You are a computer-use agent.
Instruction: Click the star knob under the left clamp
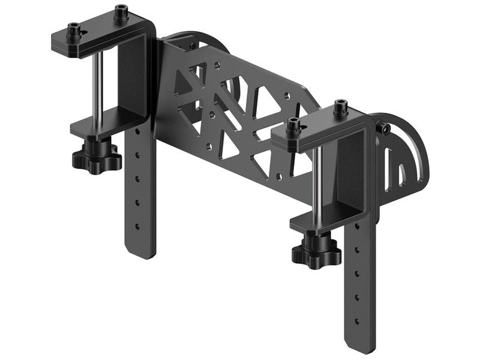97,157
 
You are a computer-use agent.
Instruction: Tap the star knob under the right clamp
316,252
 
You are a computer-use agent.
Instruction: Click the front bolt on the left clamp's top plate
74,30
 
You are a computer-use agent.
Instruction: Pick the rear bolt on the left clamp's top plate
121,13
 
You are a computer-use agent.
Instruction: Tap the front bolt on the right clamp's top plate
293,126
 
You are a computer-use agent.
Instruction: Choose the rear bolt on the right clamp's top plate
341,109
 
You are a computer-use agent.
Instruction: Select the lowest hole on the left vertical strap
137,227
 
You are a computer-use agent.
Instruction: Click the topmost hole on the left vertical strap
137,131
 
